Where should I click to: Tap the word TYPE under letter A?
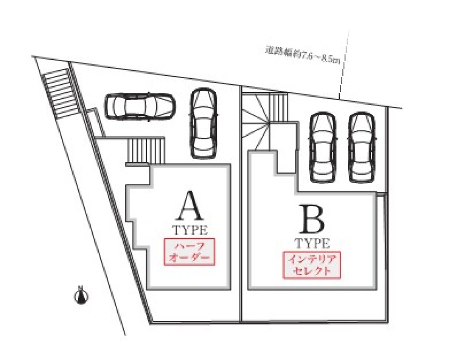click(190, 230)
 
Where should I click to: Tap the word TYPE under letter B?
click(313, 244)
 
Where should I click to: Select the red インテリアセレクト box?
click(312, 265)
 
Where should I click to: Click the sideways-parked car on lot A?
click(139, 106)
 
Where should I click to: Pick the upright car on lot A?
click(204, 123)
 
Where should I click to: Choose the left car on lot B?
click(324, 147)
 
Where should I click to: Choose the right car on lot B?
click(362, 147)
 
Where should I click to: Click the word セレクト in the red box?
click(312, 271)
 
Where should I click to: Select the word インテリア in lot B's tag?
click(312, 259)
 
